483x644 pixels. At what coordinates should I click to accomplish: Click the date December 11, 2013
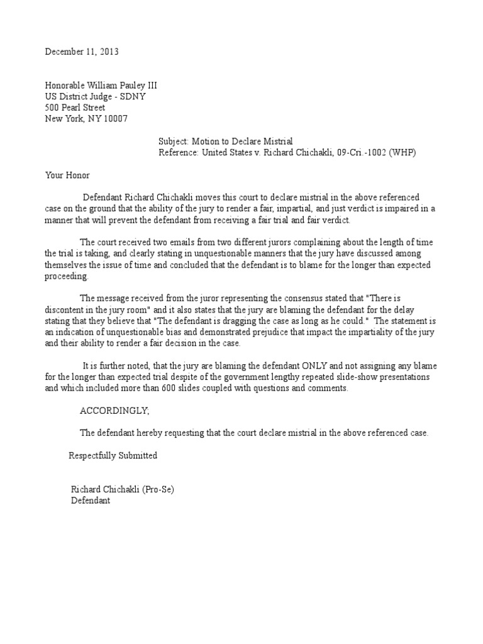pos(82,52)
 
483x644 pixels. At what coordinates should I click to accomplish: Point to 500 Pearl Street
pos(75,108)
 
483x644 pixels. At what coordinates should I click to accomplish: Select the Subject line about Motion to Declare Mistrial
pos(226,142)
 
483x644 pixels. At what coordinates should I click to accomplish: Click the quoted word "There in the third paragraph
pos(396,299)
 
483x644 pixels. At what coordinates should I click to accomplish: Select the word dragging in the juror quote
pos(262,322)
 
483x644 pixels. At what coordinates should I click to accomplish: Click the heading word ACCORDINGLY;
pos(115,411)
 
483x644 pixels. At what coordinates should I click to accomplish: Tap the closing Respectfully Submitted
pos(113,455)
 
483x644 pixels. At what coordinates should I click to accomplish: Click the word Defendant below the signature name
pos(91,501)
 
